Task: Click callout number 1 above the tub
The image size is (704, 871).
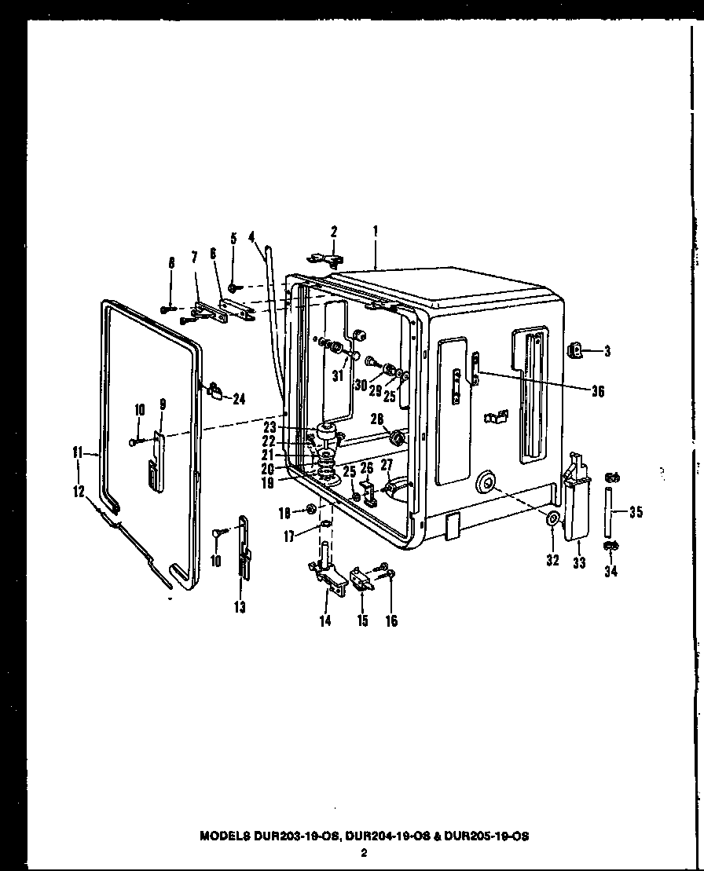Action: (x=376, y=232)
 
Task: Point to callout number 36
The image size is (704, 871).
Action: (x=597, y=390)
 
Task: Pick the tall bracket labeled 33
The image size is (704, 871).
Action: (x=576, y=503)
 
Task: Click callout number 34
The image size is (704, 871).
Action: (x=610, y=571)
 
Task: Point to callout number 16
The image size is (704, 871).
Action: (x=391, y=621)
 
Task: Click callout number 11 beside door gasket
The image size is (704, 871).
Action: (x=77, y=452)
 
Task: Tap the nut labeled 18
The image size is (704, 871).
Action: (x=311, y=511)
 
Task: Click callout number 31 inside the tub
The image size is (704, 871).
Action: (x=338, y=376)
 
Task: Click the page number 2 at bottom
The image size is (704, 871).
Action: (x=364, y=853)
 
